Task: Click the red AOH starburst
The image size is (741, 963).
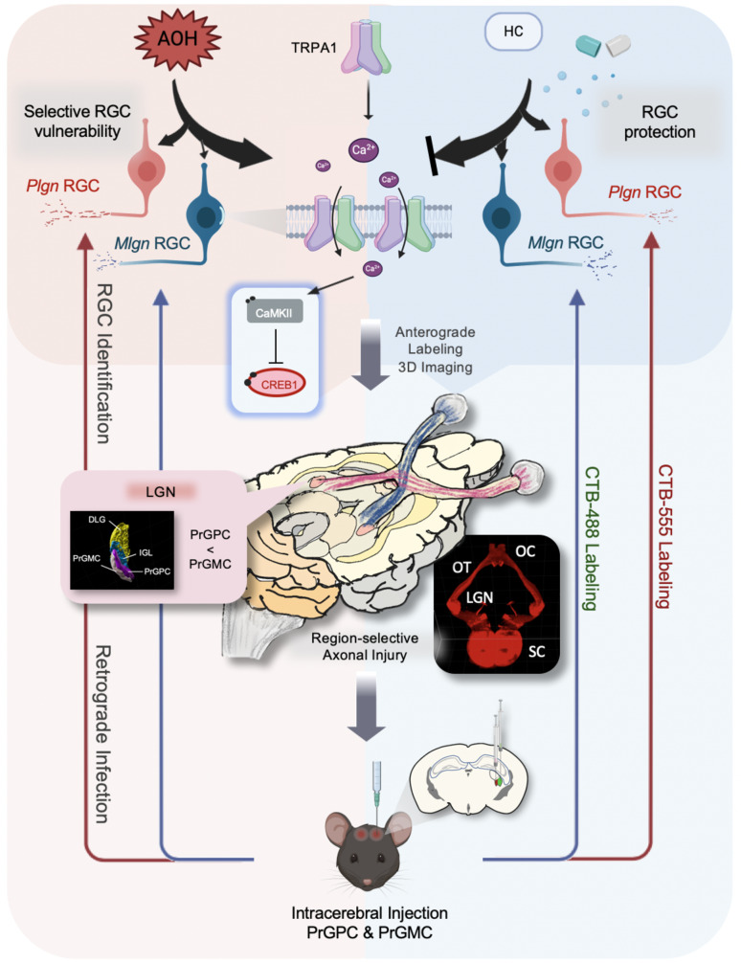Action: (177, 39)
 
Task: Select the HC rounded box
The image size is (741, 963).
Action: (514, 32)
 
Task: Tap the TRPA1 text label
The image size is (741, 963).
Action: (314, 47)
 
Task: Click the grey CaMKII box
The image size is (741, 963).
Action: (274, 313)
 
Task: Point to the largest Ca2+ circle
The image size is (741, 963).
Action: (364, 149)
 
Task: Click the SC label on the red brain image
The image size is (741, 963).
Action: (536, 651)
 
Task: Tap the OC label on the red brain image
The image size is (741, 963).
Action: (526, 550)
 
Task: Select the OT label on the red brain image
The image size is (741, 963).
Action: (461, 567)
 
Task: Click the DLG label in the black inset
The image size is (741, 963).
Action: (97, 520)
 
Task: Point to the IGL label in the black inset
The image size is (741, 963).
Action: (145, 552)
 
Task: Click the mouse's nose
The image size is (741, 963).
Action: (367, 883)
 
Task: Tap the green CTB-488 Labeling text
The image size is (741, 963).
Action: (591, 538)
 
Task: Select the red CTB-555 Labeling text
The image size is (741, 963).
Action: (664, 535)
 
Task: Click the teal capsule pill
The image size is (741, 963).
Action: (589, 44)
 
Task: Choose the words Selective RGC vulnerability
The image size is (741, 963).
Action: (78, 121)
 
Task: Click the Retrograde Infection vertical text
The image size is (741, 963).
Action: (103, 734)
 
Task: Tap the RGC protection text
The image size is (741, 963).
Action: (660, 122)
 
